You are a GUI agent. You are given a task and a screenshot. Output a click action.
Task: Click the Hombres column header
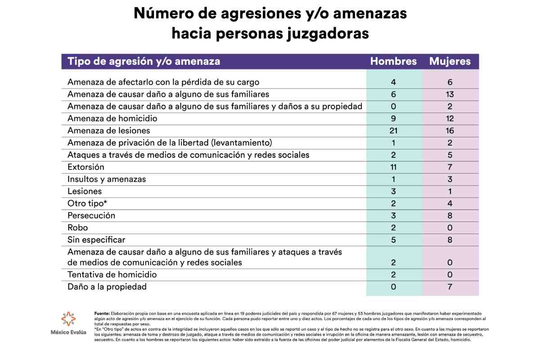tap(393, 62)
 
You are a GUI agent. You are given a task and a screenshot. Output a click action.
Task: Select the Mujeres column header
tap(450, 62)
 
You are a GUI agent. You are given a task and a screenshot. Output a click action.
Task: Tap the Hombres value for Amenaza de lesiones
tap(394, 131)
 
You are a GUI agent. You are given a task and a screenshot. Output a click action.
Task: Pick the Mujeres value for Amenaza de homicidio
tap(450, 119)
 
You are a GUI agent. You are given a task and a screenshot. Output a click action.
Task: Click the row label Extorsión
tap(85, 167)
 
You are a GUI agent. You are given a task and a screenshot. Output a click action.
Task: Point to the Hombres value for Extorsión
tap(394, 167)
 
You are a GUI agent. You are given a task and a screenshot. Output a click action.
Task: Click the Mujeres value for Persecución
tap(450, 216)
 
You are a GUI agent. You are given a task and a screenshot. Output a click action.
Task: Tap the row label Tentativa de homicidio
tap(112, 274)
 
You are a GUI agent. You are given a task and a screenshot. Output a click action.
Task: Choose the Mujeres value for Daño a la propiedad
tap(450, 287)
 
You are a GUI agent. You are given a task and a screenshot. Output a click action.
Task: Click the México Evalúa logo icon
tap(69, 319)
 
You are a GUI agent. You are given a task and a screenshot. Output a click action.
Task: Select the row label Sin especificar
tap(96, 239)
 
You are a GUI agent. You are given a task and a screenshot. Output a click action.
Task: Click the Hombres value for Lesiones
tap(394, 191)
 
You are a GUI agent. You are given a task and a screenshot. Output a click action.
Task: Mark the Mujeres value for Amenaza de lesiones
tap(450, 131)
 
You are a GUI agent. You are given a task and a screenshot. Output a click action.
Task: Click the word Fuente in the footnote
tap(102, 313)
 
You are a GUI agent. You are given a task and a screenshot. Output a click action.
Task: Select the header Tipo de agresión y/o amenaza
tap(144, 62)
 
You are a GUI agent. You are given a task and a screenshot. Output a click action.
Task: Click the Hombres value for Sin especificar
tap(394, 239)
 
